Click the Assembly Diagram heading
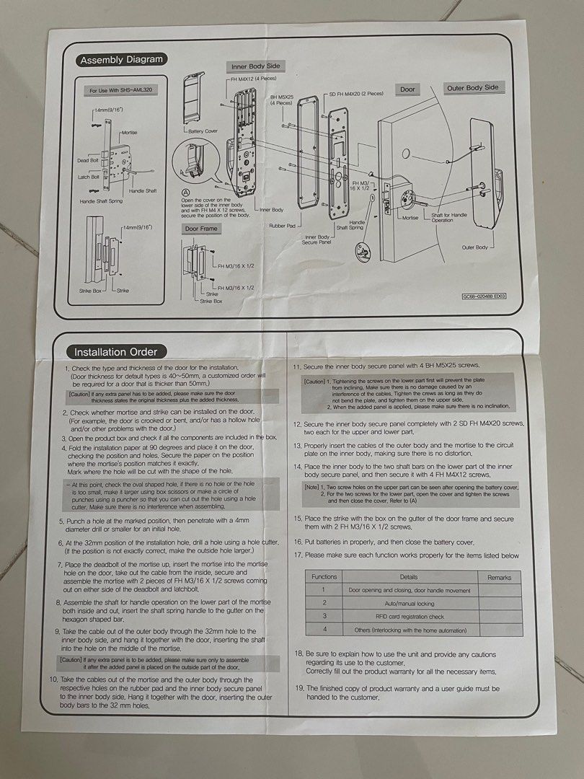pos(121,60)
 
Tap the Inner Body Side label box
pos(255,66)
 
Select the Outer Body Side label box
pos(472,88)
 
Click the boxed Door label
pos(408,89)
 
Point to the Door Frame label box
pos(202,228)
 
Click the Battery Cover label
pos(202,131)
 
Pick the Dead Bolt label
pos(88,161)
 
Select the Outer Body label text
pos(474,247)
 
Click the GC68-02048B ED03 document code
pos(485,296)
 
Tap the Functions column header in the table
pos(324,577)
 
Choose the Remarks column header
pos(499,578)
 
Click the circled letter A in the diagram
pos(186,193)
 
